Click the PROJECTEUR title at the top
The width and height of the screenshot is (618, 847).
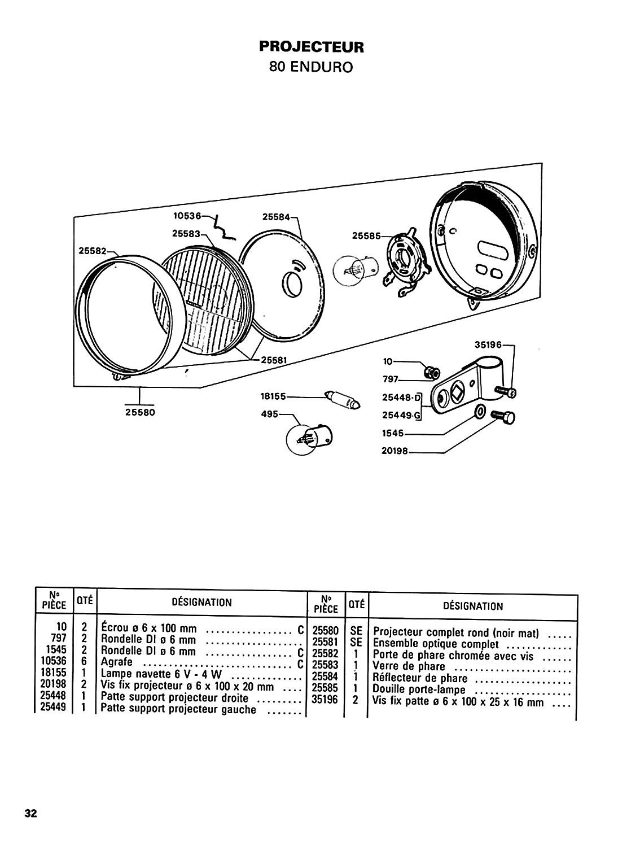(x=311, y=47)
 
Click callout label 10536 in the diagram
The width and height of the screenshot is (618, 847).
(x=187, y=216)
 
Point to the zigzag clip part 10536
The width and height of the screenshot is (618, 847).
(x=223, y=228)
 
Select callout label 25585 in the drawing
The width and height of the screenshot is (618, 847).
(x=366, y=235)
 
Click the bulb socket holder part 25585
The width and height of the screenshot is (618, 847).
(x=407, y=261)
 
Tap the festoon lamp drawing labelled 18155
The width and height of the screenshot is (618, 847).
(x=343, y=400)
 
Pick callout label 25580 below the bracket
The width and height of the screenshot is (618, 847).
(x=140, y=412)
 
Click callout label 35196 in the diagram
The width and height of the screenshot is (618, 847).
(x=488, y=345)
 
